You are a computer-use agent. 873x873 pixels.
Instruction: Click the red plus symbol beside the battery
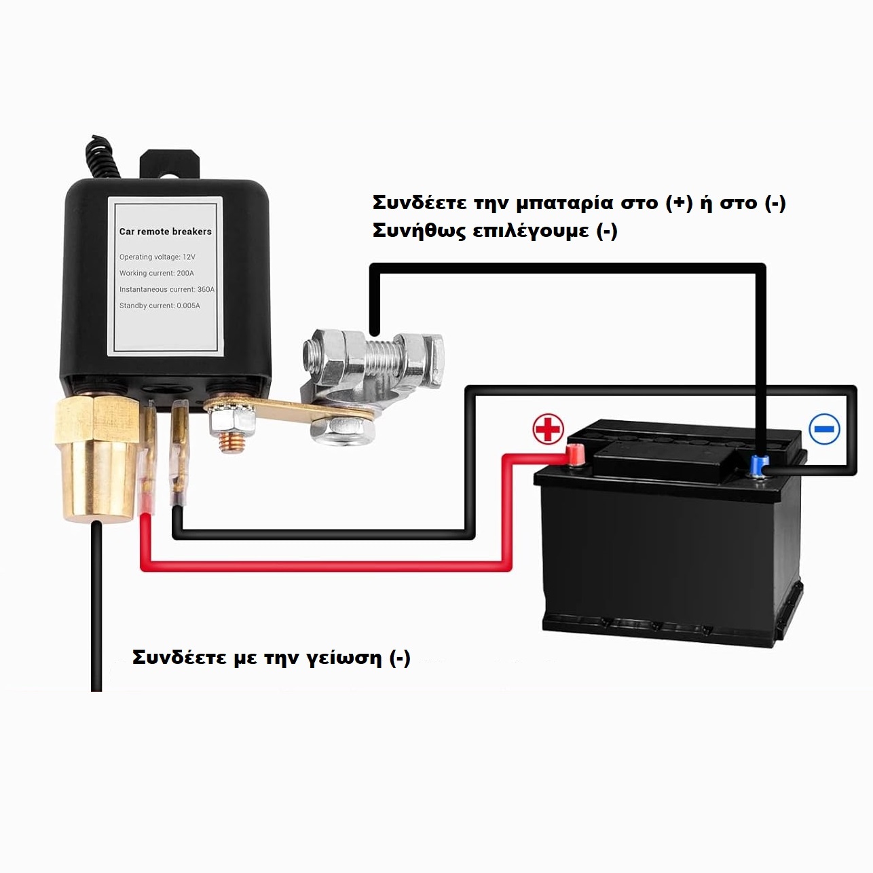point(548,428)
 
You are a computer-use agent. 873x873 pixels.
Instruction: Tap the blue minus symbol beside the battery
point(824,428)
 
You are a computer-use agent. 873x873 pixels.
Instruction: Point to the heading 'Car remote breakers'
point(166,231)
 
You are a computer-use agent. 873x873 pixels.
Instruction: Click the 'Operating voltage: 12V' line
point(157,257)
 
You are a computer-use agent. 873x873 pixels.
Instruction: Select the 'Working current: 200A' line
point(156,273)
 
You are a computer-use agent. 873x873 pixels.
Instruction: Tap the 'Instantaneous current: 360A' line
point(167,289)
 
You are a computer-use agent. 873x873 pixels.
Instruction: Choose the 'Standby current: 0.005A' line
point(160,305)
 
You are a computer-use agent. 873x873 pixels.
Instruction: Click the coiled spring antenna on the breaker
point(104,157)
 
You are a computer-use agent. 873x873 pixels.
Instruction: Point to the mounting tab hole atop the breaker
point(170,179)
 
